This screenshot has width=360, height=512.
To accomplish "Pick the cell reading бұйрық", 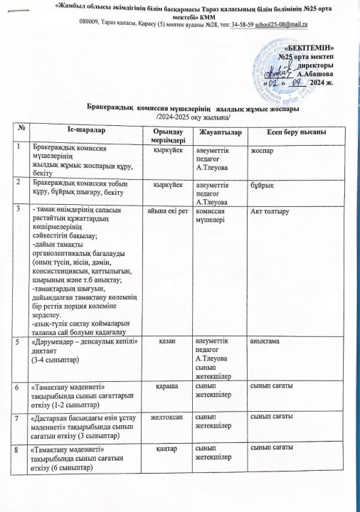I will coord(260,183).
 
